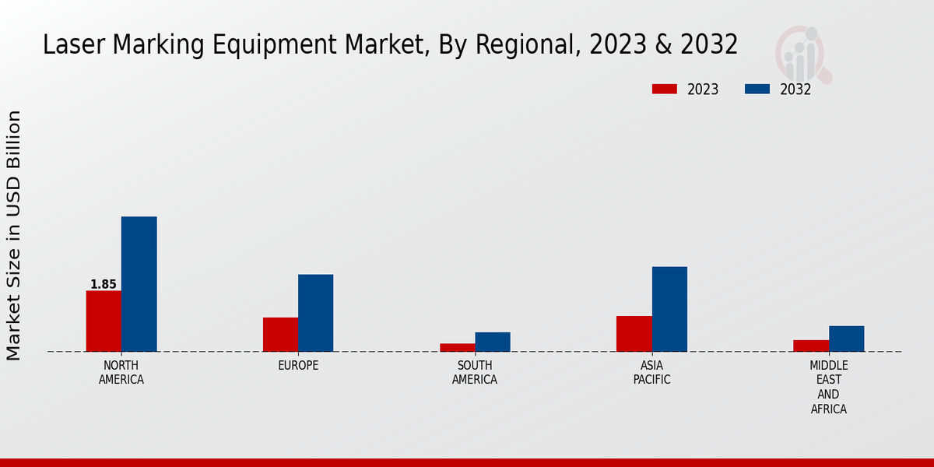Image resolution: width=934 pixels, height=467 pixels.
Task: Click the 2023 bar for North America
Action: coord(104,321)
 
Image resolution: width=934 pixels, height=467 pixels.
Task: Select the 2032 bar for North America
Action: coord(139,284)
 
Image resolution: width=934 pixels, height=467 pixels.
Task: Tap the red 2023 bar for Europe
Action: coord(280,334)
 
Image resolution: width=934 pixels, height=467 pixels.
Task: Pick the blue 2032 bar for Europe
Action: coord(315,313)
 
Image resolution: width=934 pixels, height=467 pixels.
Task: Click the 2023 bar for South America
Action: coord(457,347)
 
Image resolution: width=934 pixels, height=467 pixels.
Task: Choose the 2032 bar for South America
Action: coord(493,342)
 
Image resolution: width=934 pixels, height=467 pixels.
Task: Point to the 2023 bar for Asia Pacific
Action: coord(634,333)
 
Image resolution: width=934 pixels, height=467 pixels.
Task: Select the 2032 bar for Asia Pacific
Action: coord(669,309)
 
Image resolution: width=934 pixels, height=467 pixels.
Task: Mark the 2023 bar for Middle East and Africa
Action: coord(811,346)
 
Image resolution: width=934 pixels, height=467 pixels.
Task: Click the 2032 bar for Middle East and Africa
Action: coord(846,339)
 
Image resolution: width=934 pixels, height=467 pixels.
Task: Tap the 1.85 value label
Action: coord(103,284)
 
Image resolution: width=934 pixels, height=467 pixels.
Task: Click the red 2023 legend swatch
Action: coord(664,90)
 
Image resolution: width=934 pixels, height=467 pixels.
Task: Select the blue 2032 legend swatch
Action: coord(757,90)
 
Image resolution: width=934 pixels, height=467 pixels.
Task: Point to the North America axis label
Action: coord(121,373)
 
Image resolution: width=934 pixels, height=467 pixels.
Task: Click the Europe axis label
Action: coord(298,366)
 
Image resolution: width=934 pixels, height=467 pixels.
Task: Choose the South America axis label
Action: coord(475,373)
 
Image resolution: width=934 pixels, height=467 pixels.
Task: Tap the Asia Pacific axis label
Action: coord(651,373)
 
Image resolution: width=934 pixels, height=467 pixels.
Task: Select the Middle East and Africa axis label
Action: coord(828,388)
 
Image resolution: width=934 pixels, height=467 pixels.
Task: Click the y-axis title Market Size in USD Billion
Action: coord(14,235)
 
